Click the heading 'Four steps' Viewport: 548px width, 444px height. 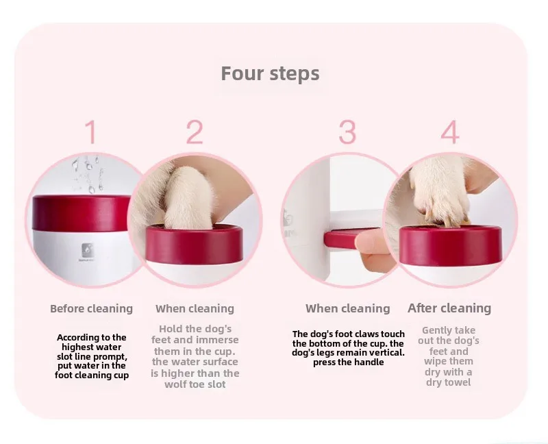pos(270,74)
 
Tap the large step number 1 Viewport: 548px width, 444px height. pos(91,132)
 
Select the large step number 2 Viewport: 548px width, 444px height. pos(195,132)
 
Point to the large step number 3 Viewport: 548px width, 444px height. pos(347,132)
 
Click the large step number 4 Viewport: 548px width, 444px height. pos(450,132)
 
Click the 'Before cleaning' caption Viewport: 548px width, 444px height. pos(92,309)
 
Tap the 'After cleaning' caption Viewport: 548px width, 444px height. pos(449,308)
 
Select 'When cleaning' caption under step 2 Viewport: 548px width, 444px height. pos(195,309)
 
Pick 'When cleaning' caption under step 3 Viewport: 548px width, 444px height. pos(348,309)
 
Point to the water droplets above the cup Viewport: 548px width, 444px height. pos(88,174)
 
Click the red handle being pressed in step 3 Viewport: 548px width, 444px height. pos(349,238)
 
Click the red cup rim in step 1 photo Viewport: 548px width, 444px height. pos(81,213)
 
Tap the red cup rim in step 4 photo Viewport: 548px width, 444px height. pos(451,245)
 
